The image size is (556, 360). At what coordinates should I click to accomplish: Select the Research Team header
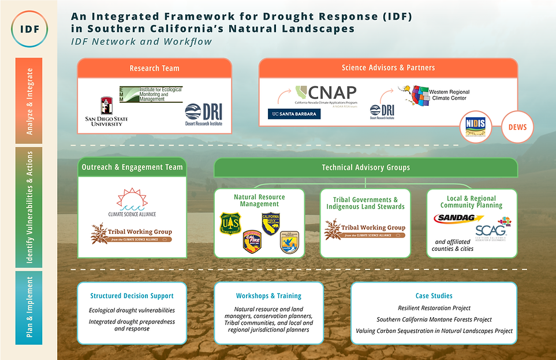point(155,68)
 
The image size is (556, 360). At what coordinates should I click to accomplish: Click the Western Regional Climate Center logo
point(435,96)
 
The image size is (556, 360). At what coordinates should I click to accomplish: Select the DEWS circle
point(517,127)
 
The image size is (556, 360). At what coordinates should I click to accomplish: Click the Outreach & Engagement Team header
point(133,167)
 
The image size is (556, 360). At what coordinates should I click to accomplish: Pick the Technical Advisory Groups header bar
point(365,168)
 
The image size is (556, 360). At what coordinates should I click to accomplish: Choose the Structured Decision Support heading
point(132,296)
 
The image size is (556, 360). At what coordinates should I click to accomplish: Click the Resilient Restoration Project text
point(434,308)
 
